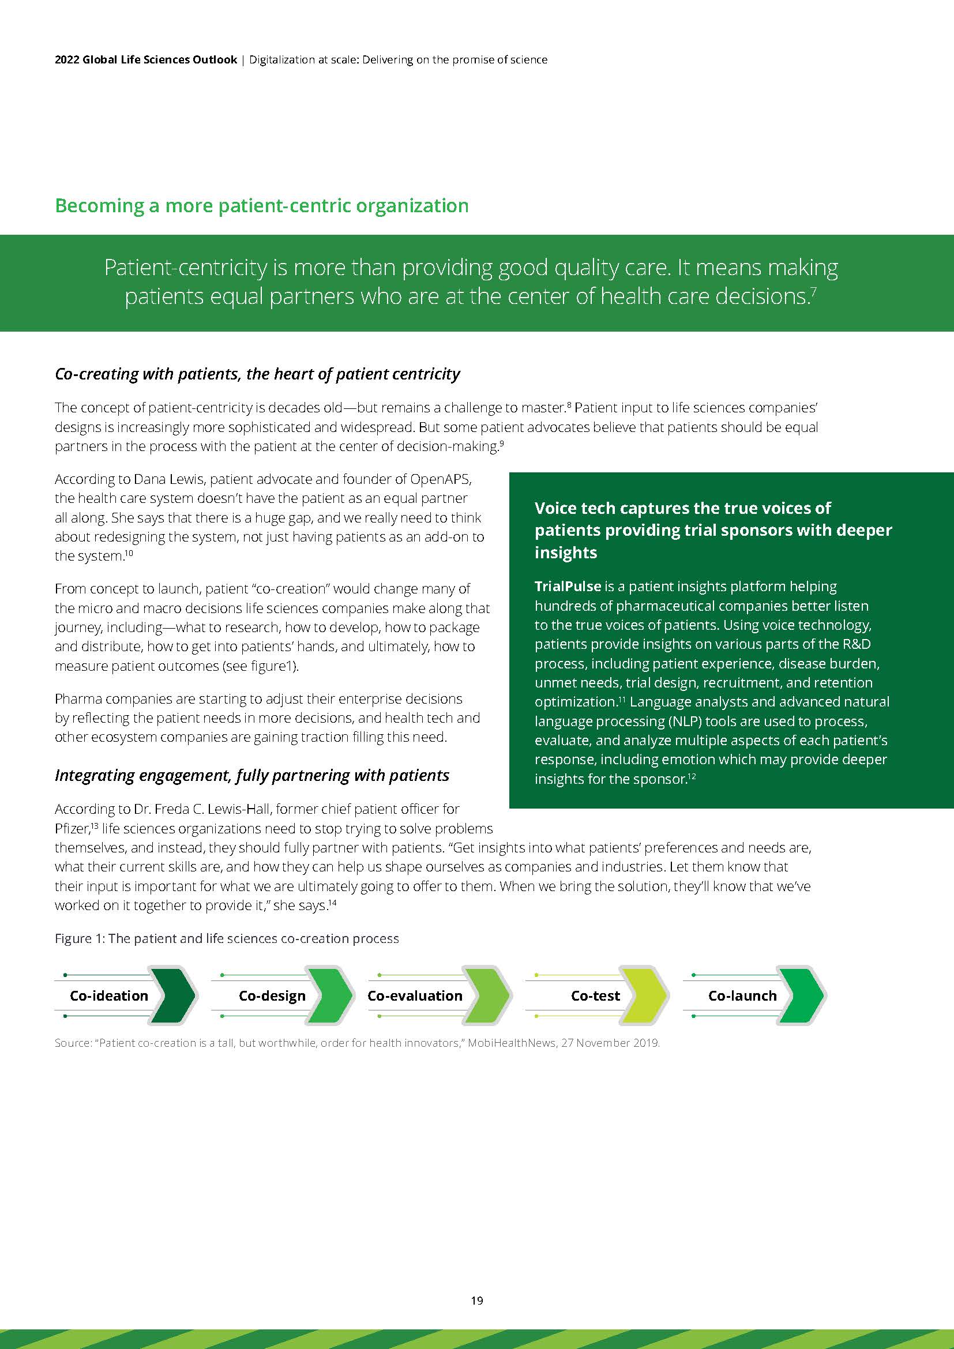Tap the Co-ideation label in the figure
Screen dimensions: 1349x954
coord(109,995)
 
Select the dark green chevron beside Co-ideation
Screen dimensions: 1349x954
coord(174,995)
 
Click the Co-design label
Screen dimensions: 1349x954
coord(272,995)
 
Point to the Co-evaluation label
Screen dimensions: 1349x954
coord(415,995)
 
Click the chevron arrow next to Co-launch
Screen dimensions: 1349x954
coord(803,995)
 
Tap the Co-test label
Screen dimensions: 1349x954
coord(595,995)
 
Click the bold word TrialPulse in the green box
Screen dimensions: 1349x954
coord(568,586)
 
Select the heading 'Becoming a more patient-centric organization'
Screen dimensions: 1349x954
coord(261,206)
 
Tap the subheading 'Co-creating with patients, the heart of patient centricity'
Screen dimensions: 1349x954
coord(257,374)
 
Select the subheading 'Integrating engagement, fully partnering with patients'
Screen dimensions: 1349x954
coord(252,776)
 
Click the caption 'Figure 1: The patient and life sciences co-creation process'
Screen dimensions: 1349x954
coord(227,938)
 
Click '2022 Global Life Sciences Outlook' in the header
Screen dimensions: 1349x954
coord(146,59)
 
